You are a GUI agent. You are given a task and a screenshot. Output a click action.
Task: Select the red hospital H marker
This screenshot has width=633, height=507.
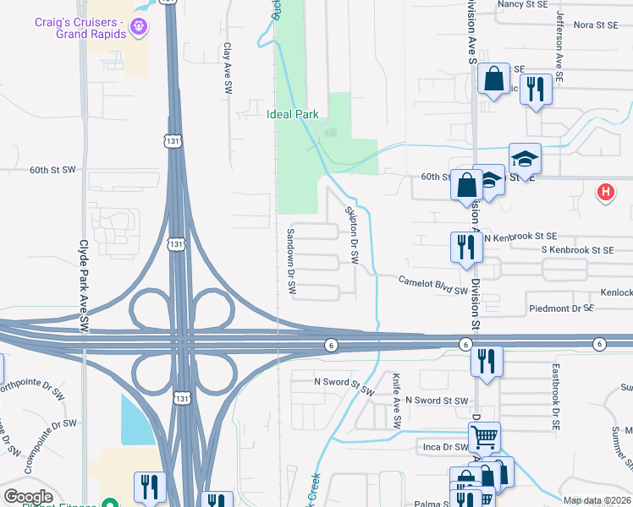click(x=605, y=193)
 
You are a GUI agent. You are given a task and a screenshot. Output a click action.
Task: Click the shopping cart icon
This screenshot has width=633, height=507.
click(x=484, y=437)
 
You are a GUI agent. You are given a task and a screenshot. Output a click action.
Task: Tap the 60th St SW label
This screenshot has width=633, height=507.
click(x=52, y=170)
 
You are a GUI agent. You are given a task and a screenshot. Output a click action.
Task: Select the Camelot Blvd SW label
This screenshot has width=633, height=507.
click(x=433, y=284)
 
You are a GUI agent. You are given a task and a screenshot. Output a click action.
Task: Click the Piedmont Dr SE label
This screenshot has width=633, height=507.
click(x=561, y=308)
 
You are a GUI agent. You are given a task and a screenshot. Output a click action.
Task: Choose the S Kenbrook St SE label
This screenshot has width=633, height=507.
click(x=577, y=250)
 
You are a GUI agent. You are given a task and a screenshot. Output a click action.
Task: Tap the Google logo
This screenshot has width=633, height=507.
click(x=29, y=496)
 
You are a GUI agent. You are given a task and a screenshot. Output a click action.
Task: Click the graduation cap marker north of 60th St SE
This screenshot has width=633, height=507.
click(x=525, y=158)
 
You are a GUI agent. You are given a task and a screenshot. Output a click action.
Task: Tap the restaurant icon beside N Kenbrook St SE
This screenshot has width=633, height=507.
click(x=465, y=247)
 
